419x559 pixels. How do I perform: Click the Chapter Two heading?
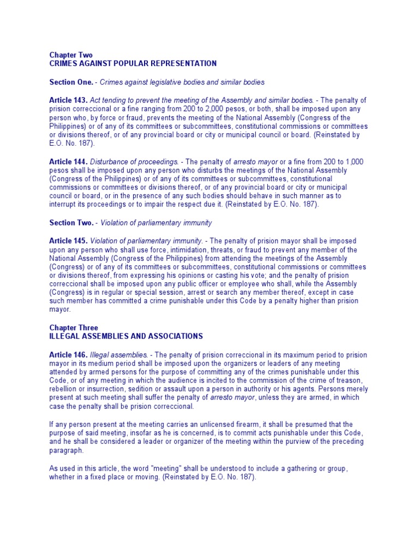coord(71,55)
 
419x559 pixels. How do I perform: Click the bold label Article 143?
coord(68,100)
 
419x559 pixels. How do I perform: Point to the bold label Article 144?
coord(68,162)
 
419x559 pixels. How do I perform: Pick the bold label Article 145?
coord(68,241)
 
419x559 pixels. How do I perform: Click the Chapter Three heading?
coord(74,328)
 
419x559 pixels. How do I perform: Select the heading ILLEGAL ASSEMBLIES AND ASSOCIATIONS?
coord(125,336)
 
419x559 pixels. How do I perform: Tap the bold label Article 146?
coord(68,355)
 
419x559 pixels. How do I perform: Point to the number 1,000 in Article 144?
coord(352,162)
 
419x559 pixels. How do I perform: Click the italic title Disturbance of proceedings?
coord(134,162)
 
